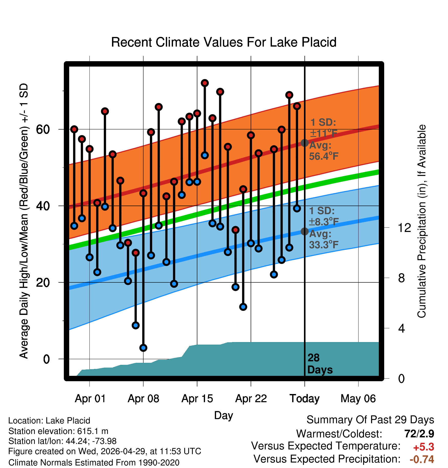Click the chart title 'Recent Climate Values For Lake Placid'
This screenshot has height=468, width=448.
(x=224, y=42)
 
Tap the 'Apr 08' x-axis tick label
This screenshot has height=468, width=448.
(x=144, y=399)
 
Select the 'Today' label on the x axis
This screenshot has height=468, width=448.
(x=304, y=399)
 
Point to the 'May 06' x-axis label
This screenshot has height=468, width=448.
(x=358, y=399)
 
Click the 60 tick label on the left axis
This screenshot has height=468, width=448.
(x=43, y=129)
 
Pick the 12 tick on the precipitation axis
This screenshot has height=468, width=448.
(x=404, y=228)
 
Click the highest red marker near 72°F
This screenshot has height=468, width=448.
(x=205, y=83)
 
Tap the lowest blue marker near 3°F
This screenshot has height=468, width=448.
(x=143, y=348)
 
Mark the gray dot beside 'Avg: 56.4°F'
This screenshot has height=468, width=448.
(x=304, y=143)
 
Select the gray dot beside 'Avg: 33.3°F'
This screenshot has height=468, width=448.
(x=304, y=231)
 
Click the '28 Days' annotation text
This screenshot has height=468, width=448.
(x=320, y=364)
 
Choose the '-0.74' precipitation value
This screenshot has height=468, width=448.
(x=422, y=459)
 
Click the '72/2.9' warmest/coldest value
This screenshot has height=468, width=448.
(x=419, y=434)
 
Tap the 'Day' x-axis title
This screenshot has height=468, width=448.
(x=223, y=416)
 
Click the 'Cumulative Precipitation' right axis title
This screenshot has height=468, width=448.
(x=422, y=221)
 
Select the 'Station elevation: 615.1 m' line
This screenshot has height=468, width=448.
(x=58, y=431)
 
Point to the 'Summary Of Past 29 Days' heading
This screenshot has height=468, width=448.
(x=370, y=420)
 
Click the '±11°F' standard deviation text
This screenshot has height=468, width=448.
(x=324, y=134)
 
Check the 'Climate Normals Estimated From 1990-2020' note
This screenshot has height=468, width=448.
(x=94, y=463)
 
